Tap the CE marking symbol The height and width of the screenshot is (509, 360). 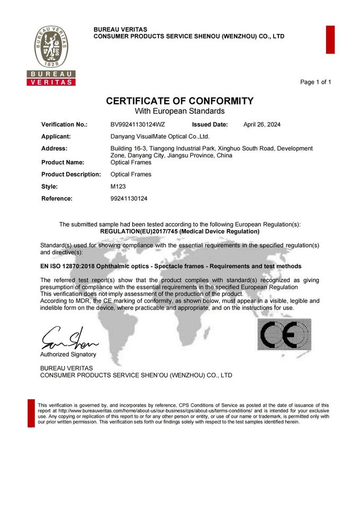point(284,334)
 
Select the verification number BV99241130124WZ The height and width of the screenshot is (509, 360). point(138,125)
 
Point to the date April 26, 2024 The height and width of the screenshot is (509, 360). point(262,125)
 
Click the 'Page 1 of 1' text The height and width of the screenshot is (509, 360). point(315,82)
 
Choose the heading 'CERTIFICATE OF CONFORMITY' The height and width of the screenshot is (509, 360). point(180,101)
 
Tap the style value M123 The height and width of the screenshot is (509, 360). point(118,186)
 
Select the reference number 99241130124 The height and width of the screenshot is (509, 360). point(129,198)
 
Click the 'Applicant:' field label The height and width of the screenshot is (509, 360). point(56,136)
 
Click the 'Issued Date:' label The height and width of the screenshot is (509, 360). point(210,125)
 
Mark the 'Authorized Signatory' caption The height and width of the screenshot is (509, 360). point(68,354)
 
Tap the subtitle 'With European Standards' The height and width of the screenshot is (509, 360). point(180,111)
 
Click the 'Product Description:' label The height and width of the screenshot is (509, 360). point(71,174)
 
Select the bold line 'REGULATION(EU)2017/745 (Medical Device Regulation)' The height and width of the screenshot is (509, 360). point(180,232)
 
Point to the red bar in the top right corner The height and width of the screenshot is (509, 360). point(330,39)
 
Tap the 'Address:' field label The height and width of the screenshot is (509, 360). point(54,148)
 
